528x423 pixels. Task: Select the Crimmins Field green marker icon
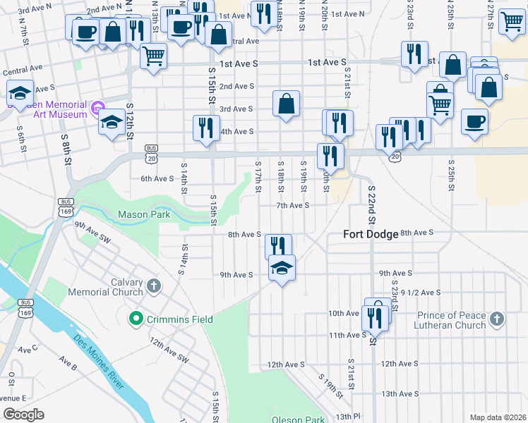tap(136, 319)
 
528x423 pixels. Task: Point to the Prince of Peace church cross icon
tap(497, 320)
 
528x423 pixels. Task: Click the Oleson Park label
tap(299, 419)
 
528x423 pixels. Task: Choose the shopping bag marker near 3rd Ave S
tap(287, 104)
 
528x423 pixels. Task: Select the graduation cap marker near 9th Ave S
tap(282, 268)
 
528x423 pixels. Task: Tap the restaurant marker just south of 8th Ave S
tap(278, 245)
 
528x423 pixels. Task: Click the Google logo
tap(23, 415)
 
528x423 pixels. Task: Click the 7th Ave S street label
tap(293, 205)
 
